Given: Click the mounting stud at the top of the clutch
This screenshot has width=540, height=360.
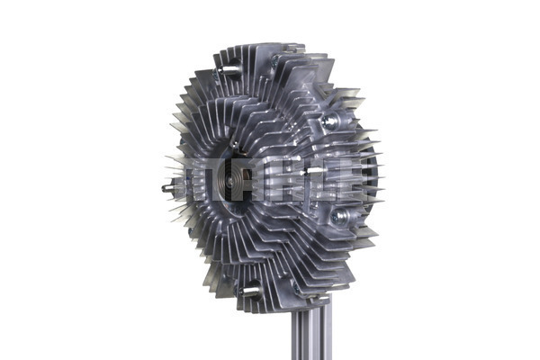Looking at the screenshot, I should tap(230, 69).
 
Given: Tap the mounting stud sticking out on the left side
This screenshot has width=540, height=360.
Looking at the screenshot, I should tap(167, 189).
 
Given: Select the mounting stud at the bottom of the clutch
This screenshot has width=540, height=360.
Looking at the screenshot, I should tap(250, 292).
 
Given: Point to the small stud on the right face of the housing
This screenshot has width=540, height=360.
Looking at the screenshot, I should tap(317, 168).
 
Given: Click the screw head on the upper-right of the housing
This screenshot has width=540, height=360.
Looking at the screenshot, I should tap(331, 121).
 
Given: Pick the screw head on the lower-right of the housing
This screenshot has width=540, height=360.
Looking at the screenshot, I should tap(339, 216).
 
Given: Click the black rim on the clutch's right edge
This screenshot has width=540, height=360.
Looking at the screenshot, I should tap(370, 175).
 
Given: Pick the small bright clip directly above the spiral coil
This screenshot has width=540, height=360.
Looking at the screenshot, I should tap(236, 144).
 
